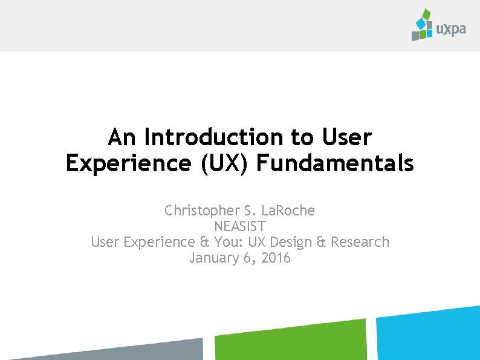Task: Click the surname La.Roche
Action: pyautogui.click(x=289, y=211)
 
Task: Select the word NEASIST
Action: pyautogui.click(x=240, y=226)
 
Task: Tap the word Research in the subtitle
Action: pyautogui.click(x=360, y=242)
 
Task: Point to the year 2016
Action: pyautogui.click(x=276, y=258)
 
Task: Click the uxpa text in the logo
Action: pyautogui.click(x=451, y=28)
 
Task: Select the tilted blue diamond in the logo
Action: pyautogui.click(x=421, y=24)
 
